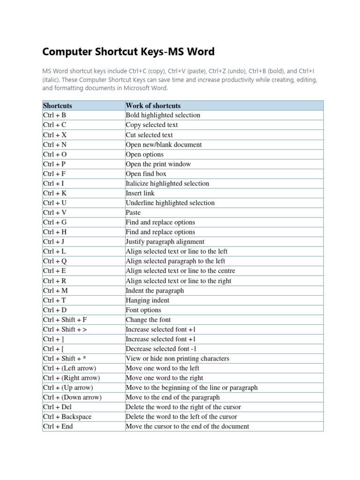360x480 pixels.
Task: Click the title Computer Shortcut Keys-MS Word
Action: point(129,51)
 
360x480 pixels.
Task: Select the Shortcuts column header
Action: point(58,105)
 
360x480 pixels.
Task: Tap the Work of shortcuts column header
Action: point(153,105)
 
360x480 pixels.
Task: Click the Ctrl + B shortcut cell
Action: point(54,115)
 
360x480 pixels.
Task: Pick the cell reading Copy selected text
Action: point(152,125)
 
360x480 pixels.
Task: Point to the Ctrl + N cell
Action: point(55,145)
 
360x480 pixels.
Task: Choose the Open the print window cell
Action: point(158,164)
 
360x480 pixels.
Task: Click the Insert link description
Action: point(140,193)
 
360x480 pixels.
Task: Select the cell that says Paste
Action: point(133,213)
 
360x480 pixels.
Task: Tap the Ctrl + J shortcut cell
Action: point(54,242)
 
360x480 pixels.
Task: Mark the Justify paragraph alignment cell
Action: point(165,242)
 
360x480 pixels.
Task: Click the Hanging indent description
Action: point(148,300)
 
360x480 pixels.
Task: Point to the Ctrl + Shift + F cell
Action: point(65,320)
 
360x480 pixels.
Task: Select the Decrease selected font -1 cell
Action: point(161,349)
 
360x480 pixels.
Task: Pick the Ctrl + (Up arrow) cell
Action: point(68,388)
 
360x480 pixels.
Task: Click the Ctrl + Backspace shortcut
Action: point(67,417)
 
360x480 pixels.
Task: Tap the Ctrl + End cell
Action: point(58,427)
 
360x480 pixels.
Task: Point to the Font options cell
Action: point(143,310)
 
